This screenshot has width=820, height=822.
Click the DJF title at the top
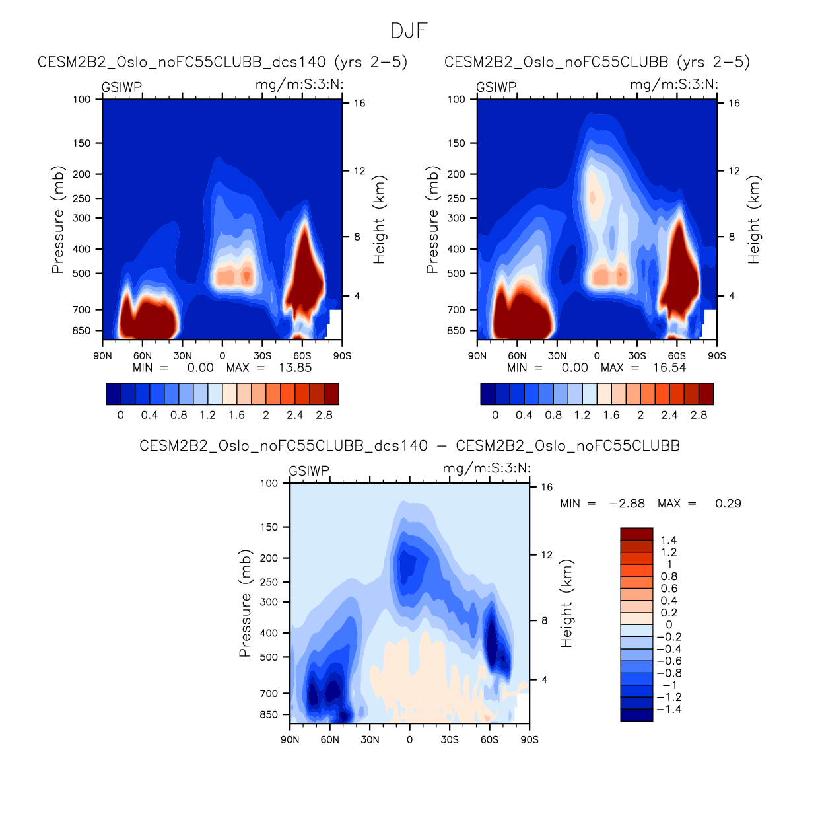409,31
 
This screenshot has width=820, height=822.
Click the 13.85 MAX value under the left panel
294,368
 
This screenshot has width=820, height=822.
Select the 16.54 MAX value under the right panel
669,368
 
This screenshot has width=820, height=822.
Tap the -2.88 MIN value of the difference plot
627,504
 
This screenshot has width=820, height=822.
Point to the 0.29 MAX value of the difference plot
728,504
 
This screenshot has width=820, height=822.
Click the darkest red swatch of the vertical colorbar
636,534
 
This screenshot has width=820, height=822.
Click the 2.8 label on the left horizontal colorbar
324,415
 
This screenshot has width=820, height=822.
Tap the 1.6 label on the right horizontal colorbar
611,415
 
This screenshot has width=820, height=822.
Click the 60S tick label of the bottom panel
489,739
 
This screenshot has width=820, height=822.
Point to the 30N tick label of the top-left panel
182,355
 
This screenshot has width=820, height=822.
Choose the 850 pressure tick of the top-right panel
456,330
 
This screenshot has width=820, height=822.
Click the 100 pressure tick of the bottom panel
269,483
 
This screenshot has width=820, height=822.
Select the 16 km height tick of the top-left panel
359,103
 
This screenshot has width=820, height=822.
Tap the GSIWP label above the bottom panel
309,471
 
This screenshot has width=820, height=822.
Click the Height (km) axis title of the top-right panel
753,219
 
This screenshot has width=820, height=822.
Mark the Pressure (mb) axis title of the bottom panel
245,603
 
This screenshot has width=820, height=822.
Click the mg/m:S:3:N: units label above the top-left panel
299,84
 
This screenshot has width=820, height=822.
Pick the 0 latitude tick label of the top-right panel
597,355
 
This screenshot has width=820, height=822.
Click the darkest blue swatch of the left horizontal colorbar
113,394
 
